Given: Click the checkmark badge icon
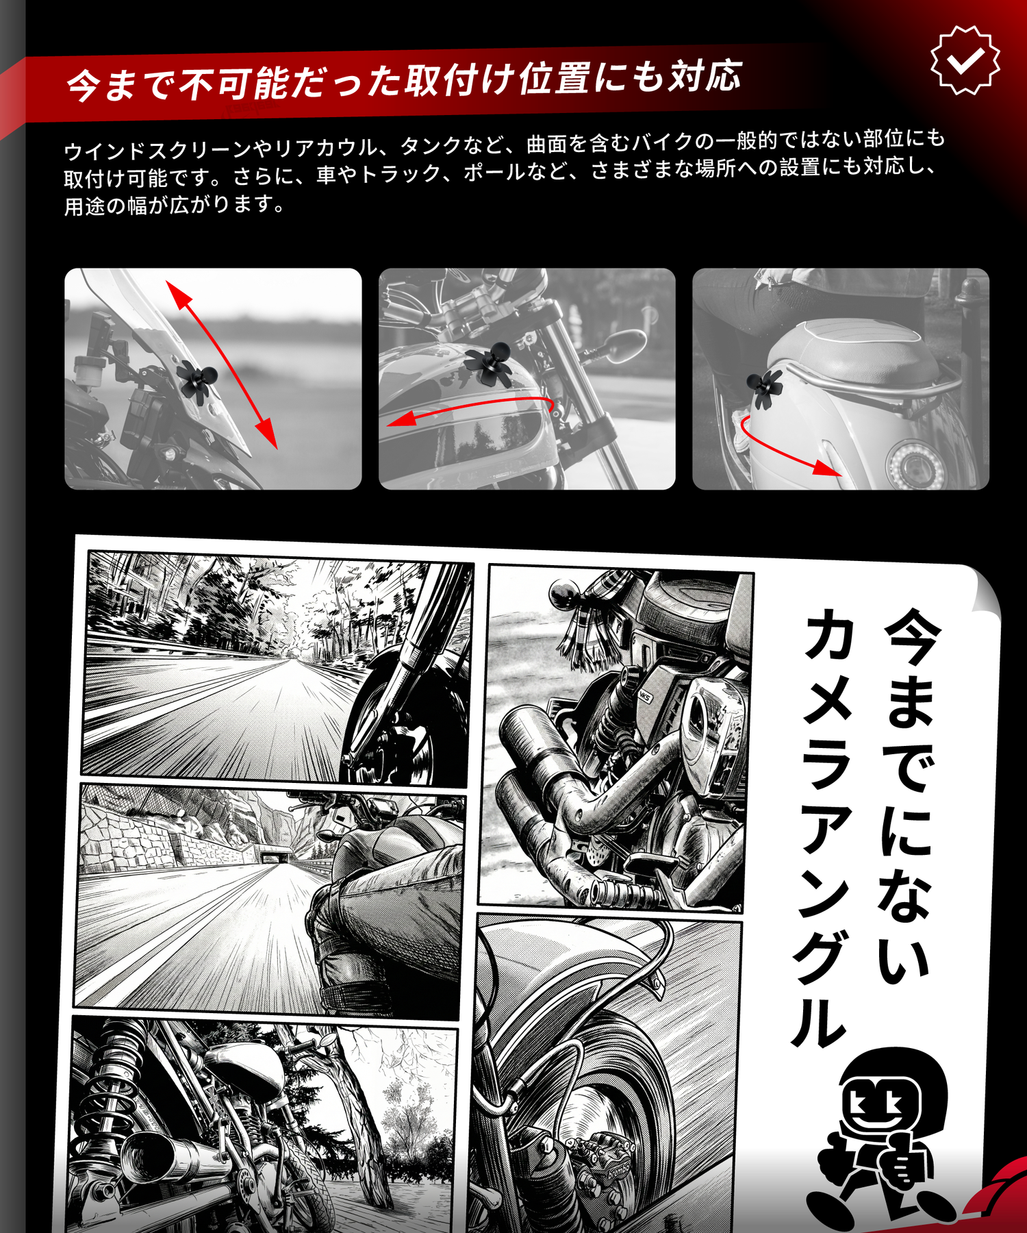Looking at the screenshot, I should [x=965, y=60].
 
